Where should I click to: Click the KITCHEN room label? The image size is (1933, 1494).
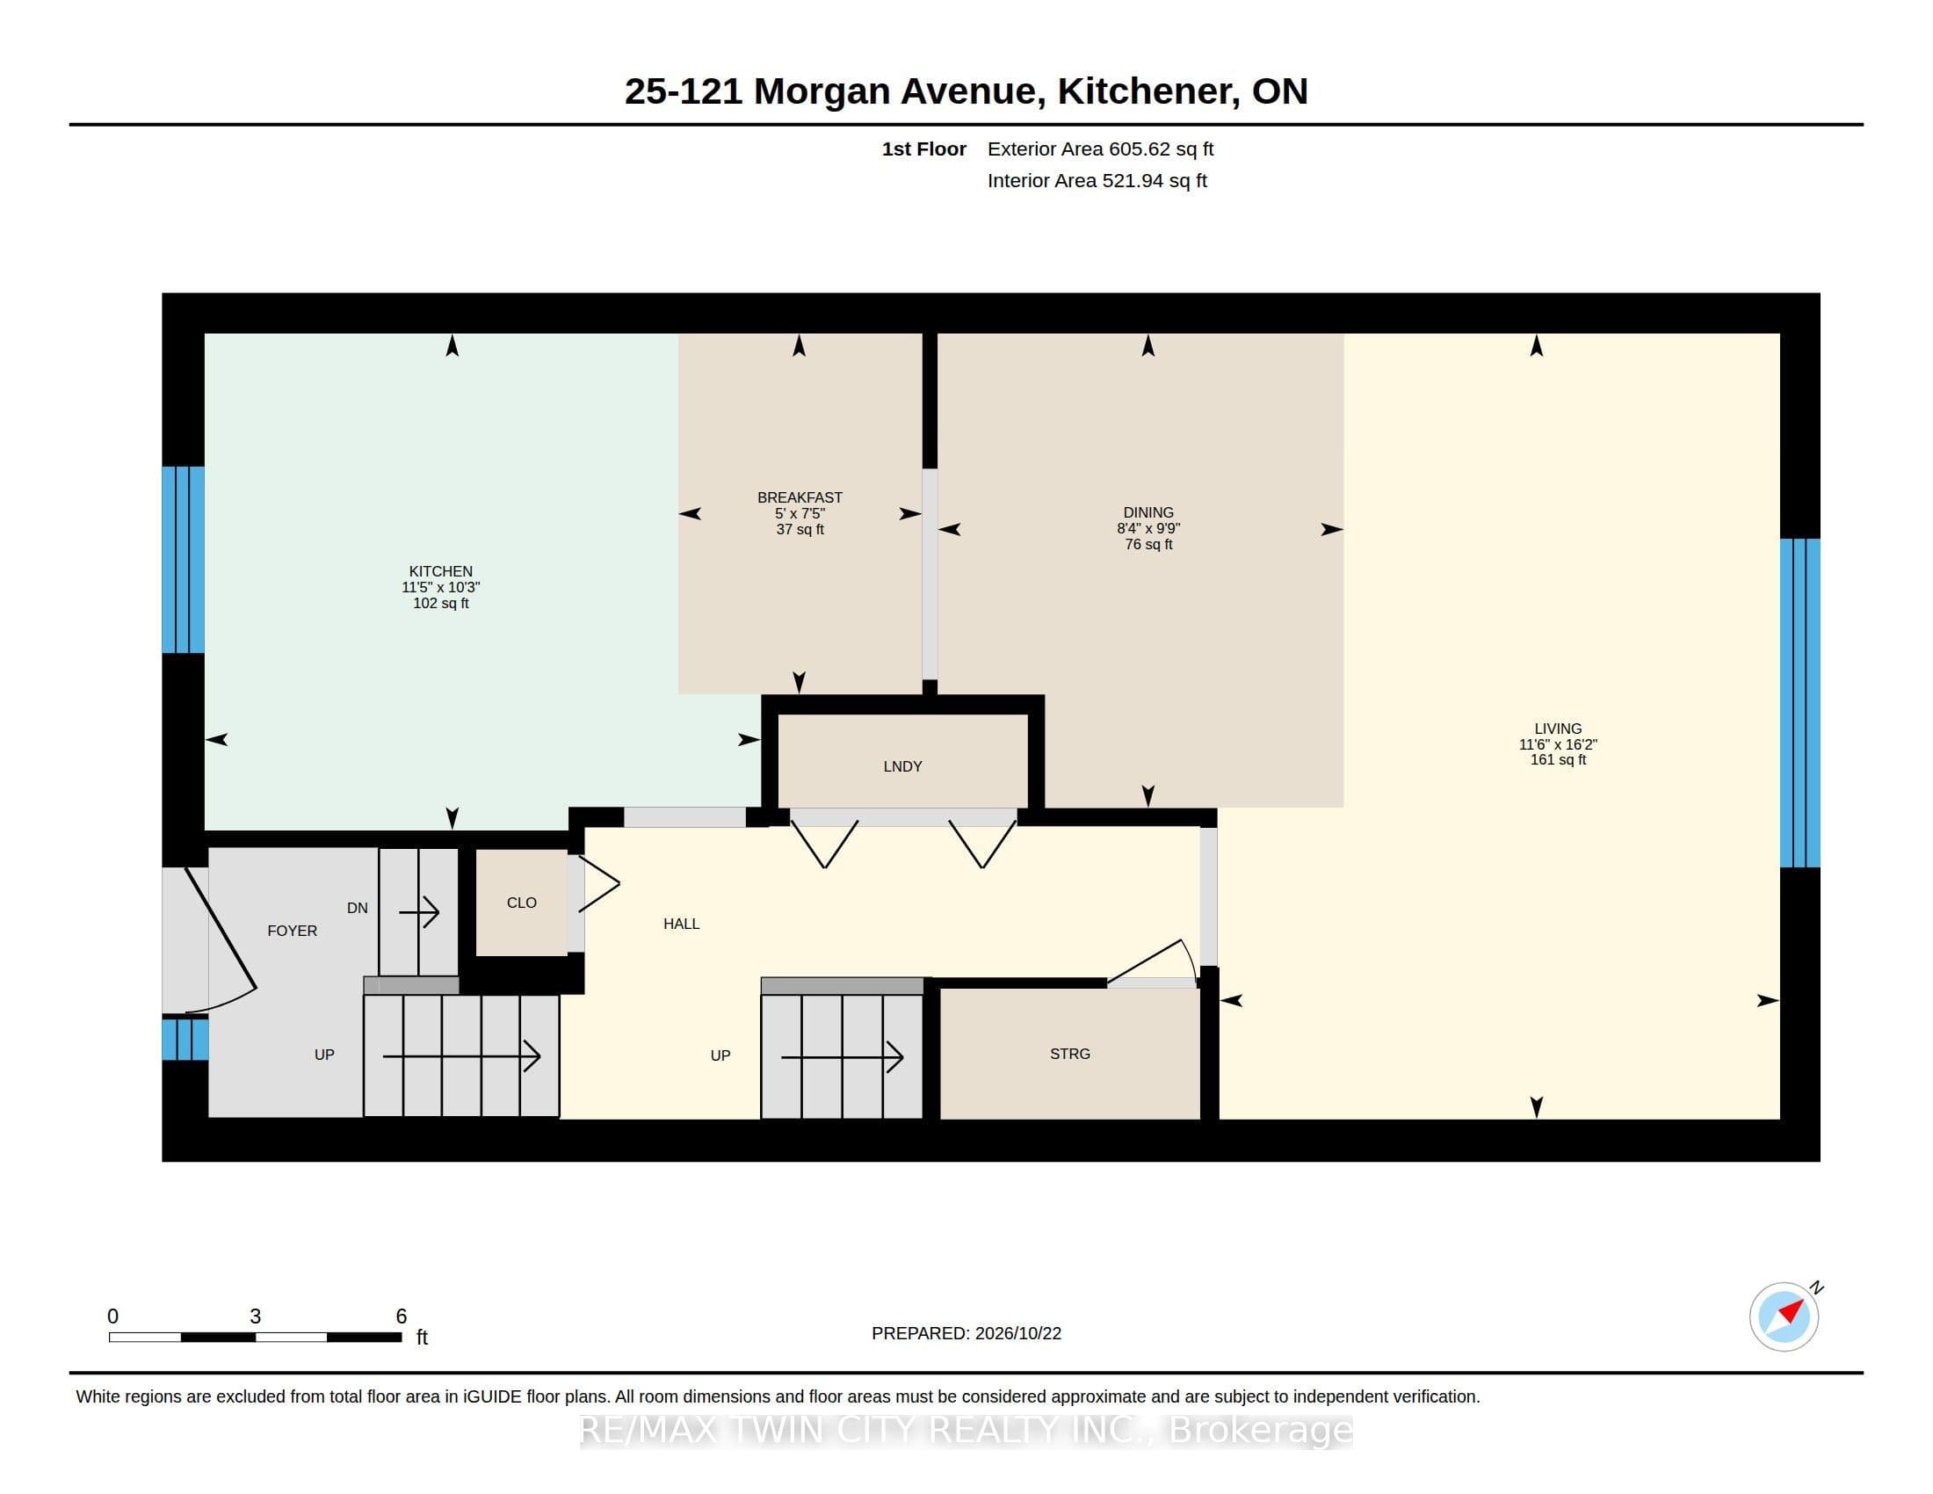(441, 571)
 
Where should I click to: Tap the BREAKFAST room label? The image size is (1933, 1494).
(800, 497)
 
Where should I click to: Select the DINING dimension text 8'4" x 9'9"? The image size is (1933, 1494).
(1148, 528)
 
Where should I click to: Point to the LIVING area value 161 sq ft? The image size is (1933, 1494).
(1558, 759)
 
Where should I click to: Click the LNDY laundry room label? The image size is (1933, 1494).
(902, 766)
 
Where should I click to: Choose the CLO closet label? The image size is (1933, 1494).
(521, 903)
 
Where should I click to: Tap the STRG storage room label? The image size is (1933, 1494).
(1070, 1054)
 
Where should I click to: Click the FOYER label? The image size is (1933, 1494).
(292, 931)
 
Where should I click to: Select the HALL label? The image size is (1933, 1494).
(682, 924)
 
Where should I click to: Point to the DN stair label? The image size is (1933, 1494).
(358, 908)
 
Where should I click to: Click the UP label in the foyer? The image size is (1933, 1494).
(324, 1055)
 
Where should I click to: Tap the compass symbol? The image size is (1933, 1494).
(1785, 1316)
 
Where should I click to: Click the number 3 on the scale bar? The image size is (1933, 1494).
(255, 1316)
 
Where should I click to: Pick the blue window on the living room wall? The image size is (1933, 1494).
(1800, 703)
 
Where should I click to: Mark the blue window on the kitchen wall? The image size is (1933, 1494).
(184, 559)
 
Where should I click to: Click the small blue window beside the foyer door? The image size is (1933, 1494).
(185, 1039)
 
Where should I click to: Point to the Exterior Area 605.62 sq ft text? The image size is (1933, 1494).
(1100, 149)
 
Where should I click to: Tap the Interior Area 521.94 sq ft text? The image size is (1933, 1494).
(1097, 180)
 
